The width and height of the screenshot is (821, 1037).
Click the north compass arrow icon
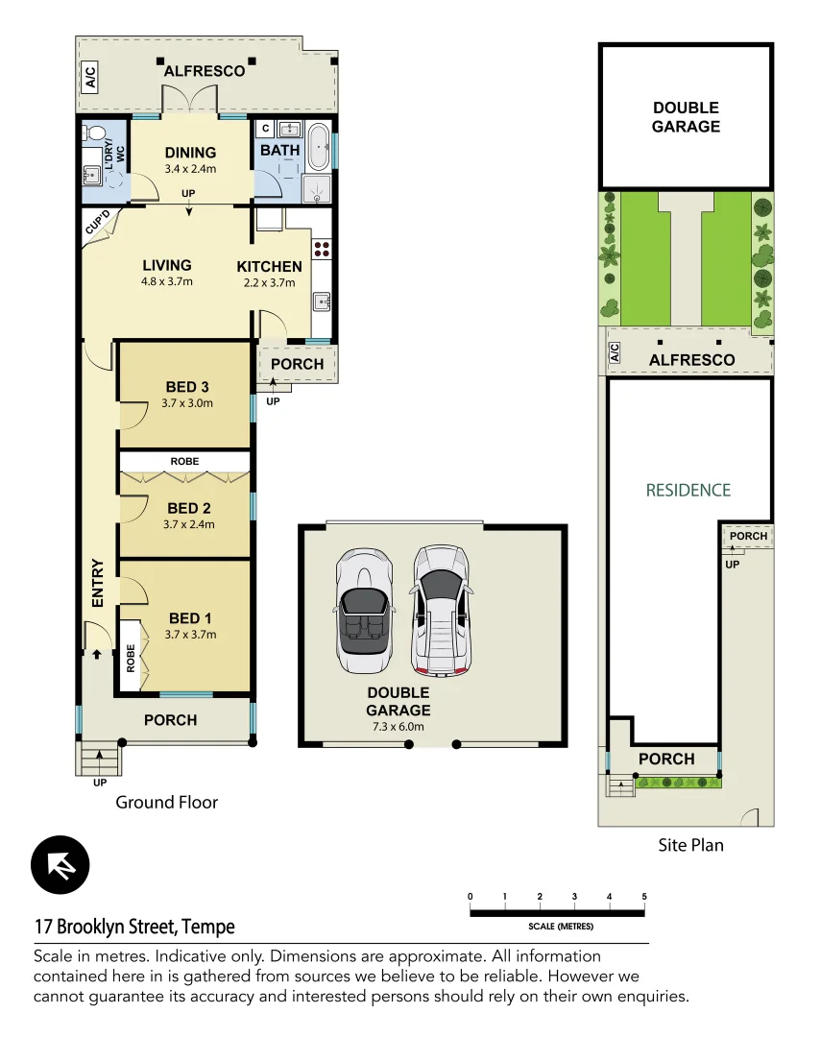click(60, 866)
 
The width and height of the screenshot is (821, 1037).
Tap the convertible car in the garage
click(364, 612)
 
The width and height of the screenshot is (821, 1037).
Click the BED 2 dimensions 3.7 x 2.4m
click(190, 524)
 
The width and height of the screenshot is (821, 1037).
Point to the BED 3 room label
click(187, 387)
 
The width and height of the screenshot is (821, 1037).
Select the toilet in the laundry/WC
click(93, 133)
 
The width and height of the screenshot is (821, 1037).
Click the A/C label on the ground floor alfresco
click(90, 77)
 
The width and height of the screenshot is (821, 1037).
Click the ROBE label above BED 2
click(184, 462)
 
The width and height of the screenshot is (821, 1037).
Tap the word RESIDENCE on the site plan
click(688, 491)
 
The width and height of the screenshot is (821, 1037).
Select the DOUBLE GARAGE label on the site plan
click(686, 117)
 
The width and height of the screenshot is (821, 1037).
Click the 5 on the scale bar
click(643, 897)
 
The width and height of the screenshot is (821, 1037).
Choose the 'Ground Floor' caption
click(167, 802)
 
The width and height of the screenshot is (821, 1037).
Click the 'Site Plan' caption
click(690, 845)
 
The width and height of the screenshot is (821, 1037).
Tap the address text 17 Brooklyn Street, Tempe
click(134, 927)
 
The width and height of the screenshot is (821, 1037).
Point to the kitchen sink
click(321, 301)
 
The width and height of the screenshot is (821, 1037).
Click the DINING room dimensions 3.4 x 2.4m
click(190, 169)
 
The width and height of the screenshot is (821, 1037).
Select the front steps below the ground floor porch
click(100, 761)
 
